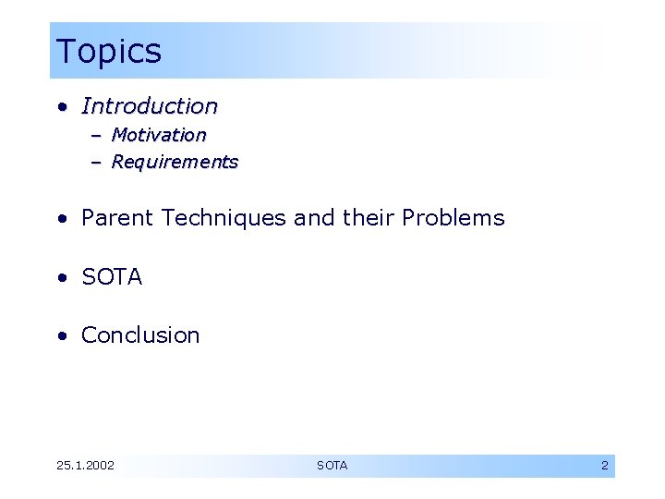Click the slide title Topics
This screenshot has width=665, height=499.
(x=108, y=51)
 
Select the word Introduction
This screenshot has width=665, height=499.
(x=150, y=106)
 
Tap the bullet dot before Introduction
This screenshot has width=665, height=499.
(x=61, y=107)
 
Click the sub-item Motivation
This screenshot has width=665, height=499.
(x=159, y=135)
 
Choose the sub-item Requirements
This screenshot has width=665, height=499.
(x=175, y=162)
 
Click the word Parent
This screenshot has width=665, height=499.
(x=117, y=218)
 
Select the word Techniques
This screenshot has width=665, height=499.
(x=224, y=218)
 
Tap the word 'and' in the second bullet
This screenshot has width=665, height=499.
(x=314, y=218)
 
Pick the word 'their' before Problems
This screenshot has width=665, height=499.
(x=368, y=218)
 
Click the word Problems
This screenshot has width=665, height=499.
(x=453, y=218)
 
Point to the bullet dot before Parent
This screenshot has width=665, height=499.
(x=61, y=219)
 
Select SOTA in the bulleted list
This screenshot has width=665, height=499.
(x=112, y=277)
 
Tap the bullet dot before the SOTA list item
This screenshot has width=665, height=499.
(x=61, y=278)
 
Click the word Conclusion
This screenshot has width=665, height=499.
(x=140, y=335)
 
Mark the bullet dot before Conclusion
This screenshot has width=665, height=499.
(x=61, y=336)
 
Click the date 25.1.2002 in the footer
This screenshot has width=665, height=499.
(x=85, y=466)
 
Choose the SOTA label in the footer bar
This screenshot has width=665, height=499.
(x=332, y=466)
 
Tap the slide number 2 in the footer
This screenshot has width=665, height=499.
(x=605, y=466)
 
